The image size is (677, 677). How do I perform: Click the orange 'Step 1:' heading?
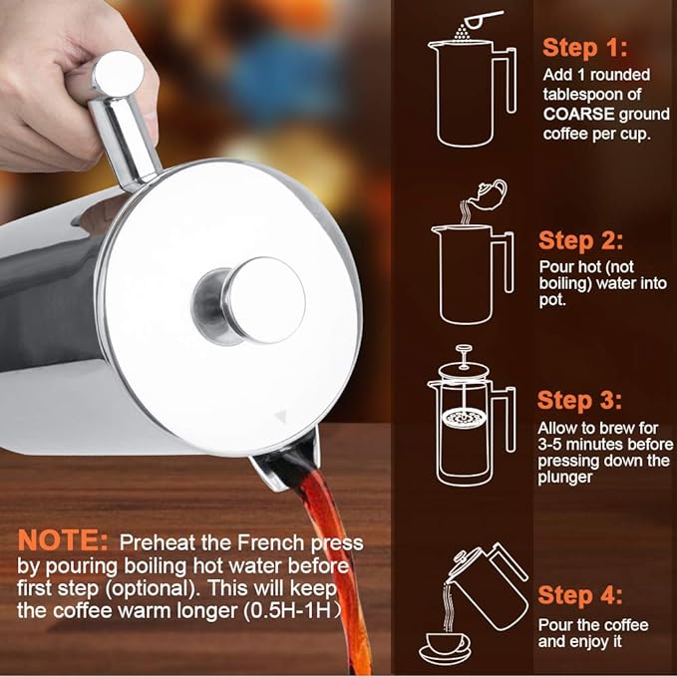pos(584,48)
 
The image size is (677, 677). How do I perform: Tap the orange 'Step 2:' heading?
pos(580,240)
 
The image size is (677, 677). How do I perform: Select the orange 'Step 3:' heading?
pos(579,400)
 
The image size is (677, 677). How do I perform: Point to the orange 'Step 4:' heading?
pos(580,595)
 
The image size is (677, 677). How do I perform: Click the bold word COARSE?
pos(578,114)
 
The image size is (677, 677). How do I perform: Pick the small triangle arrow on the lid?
pos(280,416)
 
